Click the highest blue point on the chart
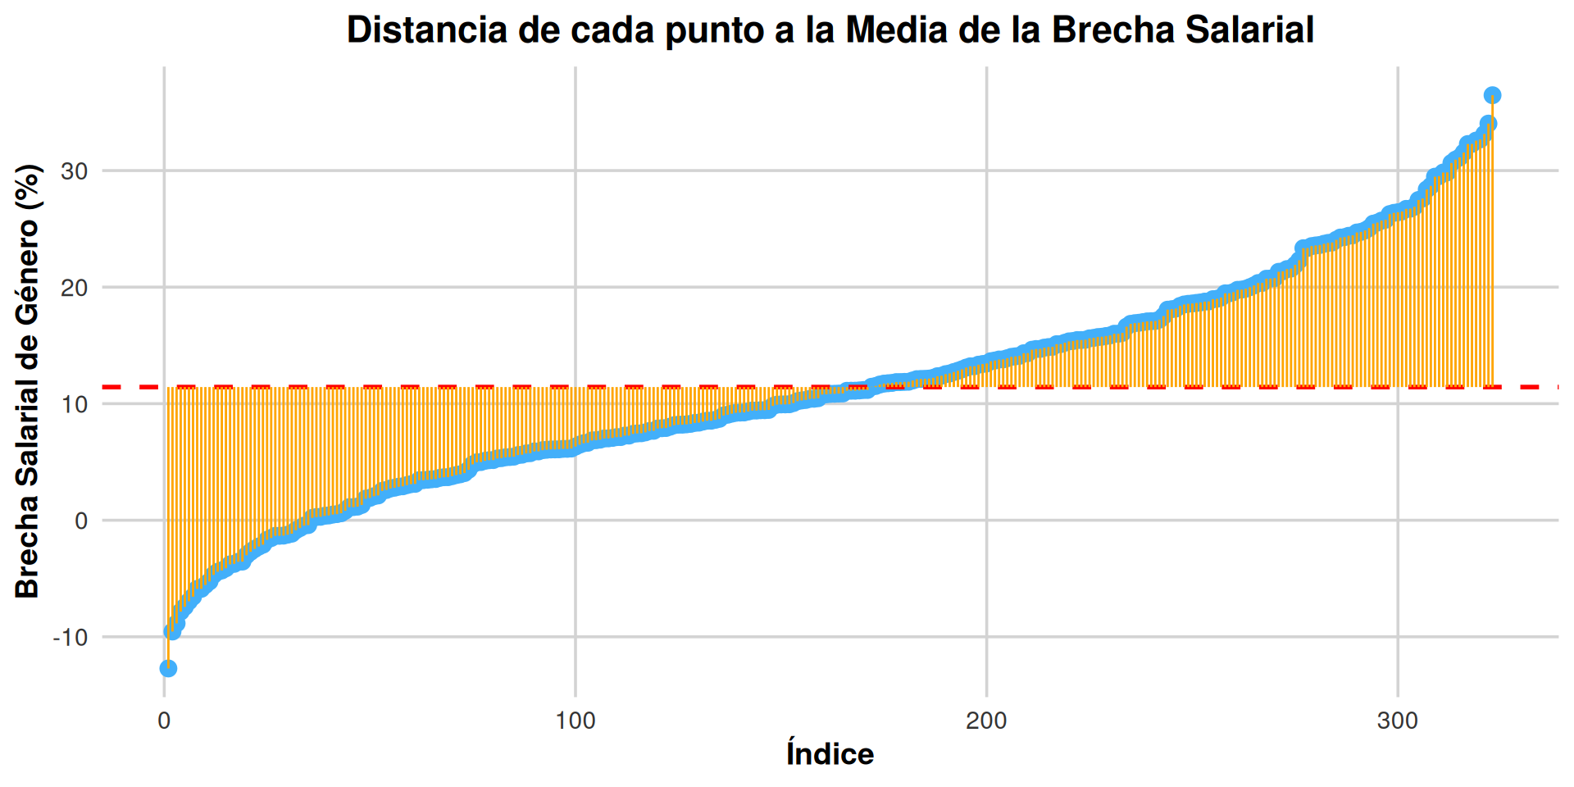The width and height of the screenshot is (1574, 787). point(1492,95)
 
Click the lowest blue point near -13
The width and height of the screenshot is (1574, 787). point(168,668)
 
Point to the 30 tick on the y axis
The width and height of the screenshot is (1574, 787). point(75,171)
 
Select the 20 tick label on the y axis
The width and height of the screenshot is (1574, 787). point(75,288)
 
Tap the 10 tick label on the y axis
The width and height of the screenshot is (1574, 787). point(75,404)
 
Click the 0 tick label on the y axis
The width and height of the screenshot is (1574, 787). point(81,521)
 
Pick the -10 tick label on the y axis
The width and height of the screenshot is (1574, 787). point(70,637)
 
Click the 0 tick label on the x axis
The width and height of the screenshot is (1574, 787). point(164,721)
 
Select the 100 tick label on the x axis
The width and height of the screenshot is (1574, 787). point(575,721)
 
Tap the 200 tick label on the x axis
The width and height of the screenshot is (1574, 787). point(986,721)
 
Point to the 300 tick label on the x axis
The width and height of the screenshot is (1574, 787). point(1397,721)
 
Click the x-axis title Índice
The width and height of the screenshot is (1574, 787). point(830,754)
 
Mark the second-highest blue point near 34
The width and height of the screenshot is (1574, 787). point(1488,124)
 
